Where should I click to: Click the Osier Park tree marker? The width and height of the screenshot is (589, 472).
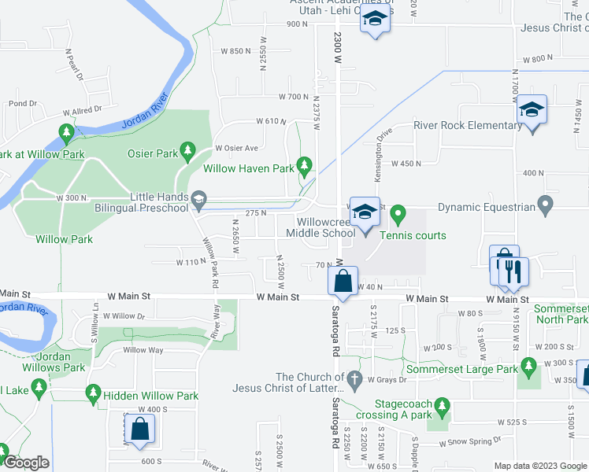[x=187, y=149]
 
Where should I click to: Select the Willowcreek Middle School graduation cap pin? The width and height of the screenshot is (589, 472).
[x=365, y=215]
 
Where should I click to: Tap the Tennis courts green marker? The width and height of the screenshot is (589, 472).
[x=398, y=212]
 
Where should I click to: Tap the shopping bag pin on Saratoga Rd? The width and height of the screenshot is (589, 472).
[x=343, y=281]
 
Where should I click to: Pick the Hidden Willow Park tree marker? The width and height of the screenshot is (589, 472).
[x=94, y=392]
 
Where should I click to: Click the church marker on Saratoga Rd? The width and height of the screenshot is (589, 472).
[x=355, y=379]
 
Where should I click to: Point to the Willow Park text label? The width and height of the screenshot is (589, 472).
[x=65, y=239]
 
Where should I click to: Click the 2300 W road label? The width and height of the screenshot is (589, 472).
[x=336, y=36]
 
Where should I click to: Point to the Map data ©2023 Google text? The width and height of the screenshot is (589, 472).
[x=540, y=465]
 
